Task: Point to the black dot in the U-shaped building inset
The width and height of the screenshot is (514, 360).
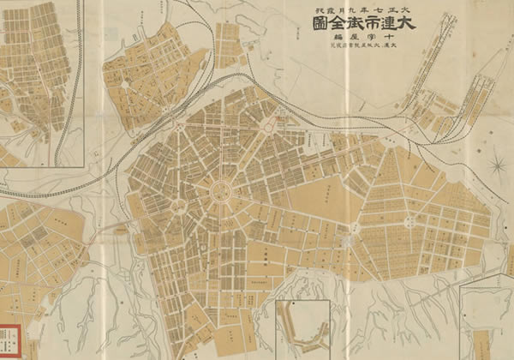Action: [292, 303]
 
